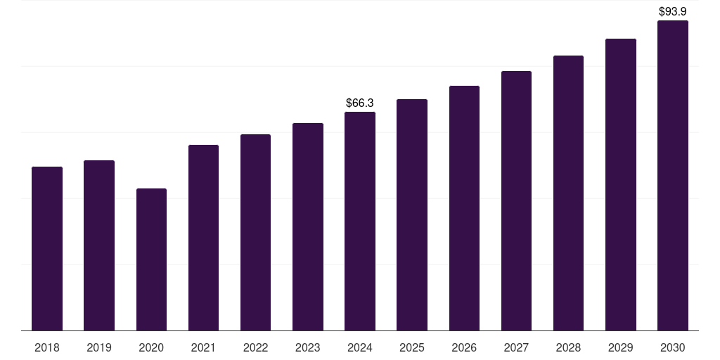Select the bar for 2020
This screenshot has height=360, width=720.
pyautogui.click(x=151, y=259)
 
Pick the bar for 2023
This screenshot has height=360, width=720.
pyautogui.click(x=308, y=226)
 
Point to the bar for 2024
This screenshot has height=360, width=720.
pyautogui.click(x=360, y=221)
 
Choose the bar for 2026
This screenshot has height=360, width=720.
pyautogui.click(x=464, y=208)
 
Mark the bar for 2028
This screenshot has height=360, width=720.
pyautogui.click(x=568, y=193)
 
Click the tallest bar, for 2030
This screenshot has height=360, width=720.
pyautogui.click(x=673, y=175)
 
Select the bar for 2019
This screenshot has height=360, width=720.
pyautogui.click(x=99, y=245)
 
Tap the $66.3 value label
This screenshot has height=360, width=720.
pyautogui.click(x=360, y=103)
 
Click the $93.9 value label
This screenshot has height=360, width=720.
pyautogui.click(x=673, y=11)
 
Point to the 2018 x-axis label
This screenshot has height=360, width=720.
pyautogui.click(x=47, y=347)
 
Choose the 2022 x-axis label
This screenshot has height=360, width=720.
pyautogui.click(x=255, y=347)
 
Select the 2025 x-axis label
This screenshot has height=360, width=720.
pyautogui.click(x=412, y=347)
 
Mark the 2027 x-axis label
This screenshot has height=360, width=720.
pyautogui.click(x=516, y=347)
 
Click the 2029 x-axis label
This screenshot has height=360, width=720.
pyautogui.click(x=620, y=347)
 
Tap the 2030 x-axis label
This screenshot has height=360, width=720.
pyautogui.click(x=673, y=347)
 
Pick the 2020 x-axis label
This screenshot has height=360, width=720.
pyautogui.click(x=151, y=347)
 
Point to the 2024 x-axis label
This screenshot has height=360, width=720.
pyautogui.click(x=360, y=347)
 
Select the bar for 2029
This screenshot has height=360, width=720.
pyautogui.click(x=620, y=184)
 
